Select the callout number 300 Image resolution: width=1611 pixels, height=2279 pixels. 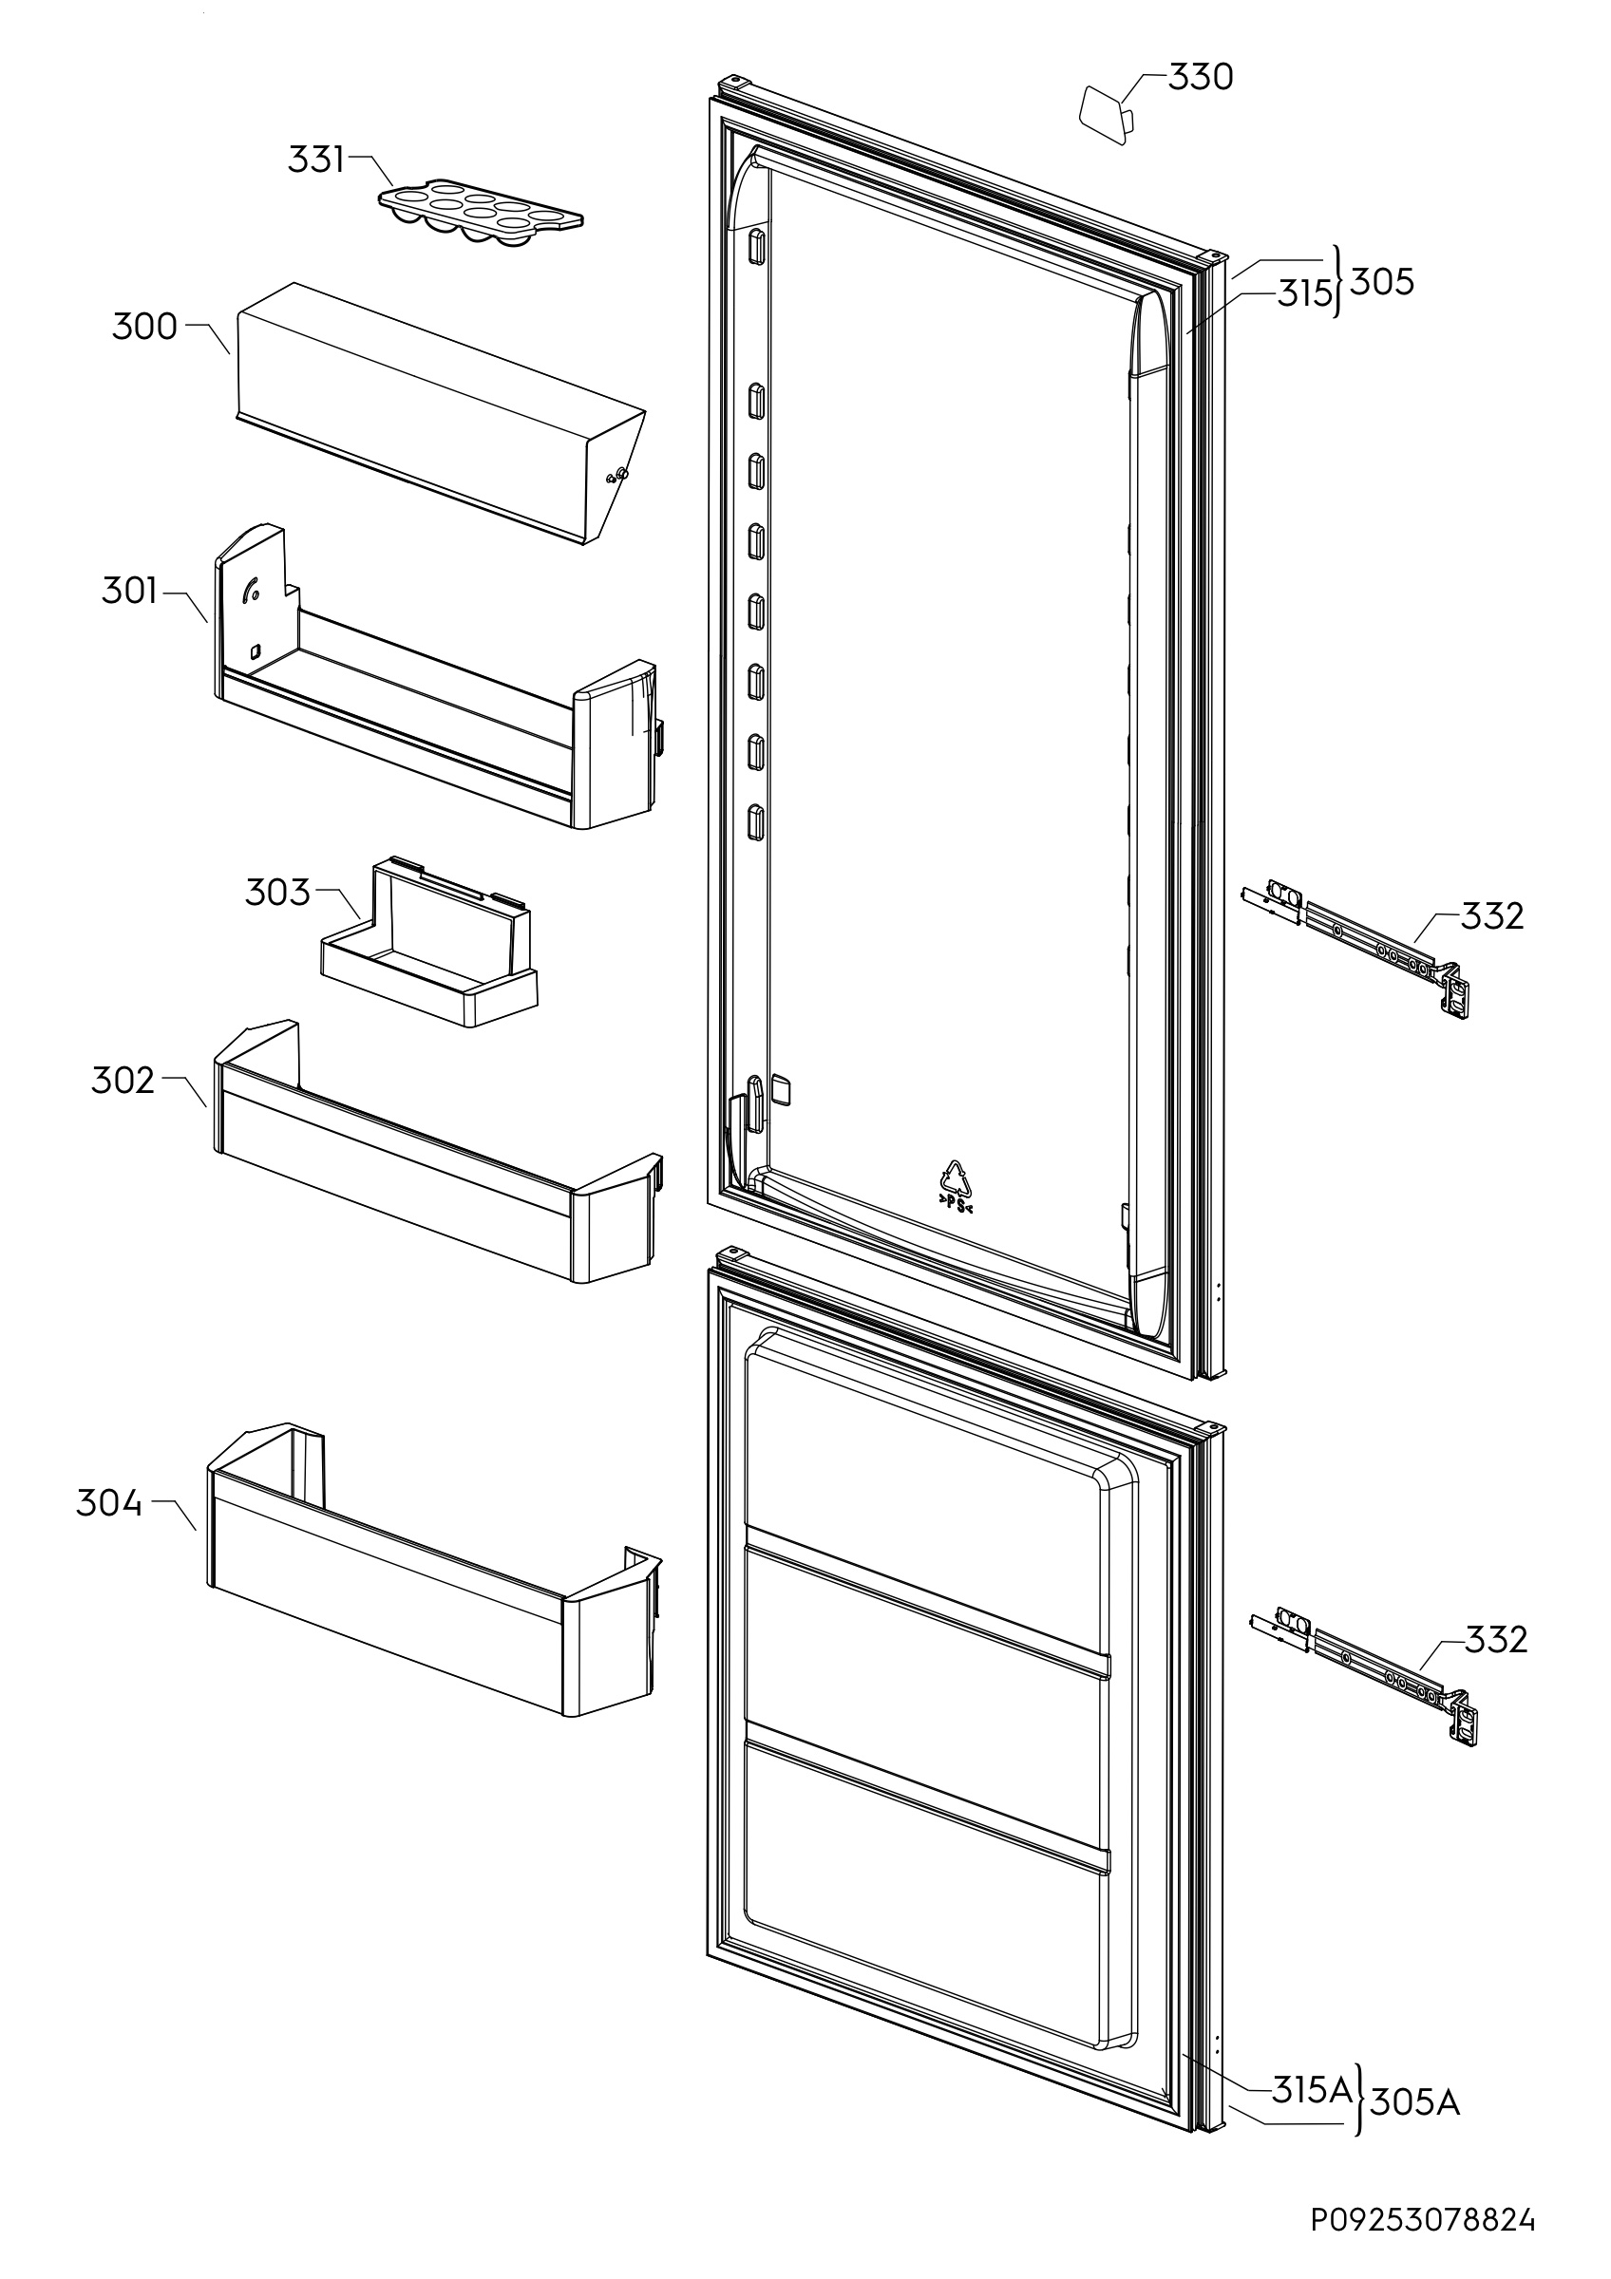145,327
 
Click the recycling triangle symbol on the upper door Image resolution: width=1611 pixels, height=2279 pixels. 956,1180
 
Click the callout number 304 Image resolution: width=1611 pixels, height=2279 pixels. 109,1504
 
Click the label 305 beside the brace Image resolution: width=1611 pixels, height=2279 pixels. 1382,283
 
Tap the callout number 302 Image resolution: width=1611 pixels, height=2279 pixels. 123,1080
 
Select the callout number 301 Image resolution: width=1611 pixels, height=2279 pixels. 129,592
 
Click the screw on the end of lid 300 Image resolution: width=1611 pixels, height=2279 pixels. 619,475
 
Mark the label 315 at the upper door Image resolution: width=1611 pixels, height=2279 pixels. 1303,293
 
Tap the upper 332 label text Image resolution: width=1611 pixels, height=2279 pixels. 1491,916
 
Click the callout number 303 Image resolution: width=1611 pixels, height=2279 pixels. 278,893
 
